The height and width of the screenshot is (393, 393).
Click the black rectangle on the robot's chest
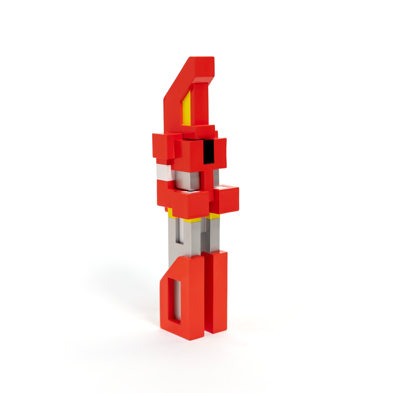209,151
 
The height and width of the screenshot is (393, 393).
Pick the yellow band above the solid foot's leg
214,216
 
